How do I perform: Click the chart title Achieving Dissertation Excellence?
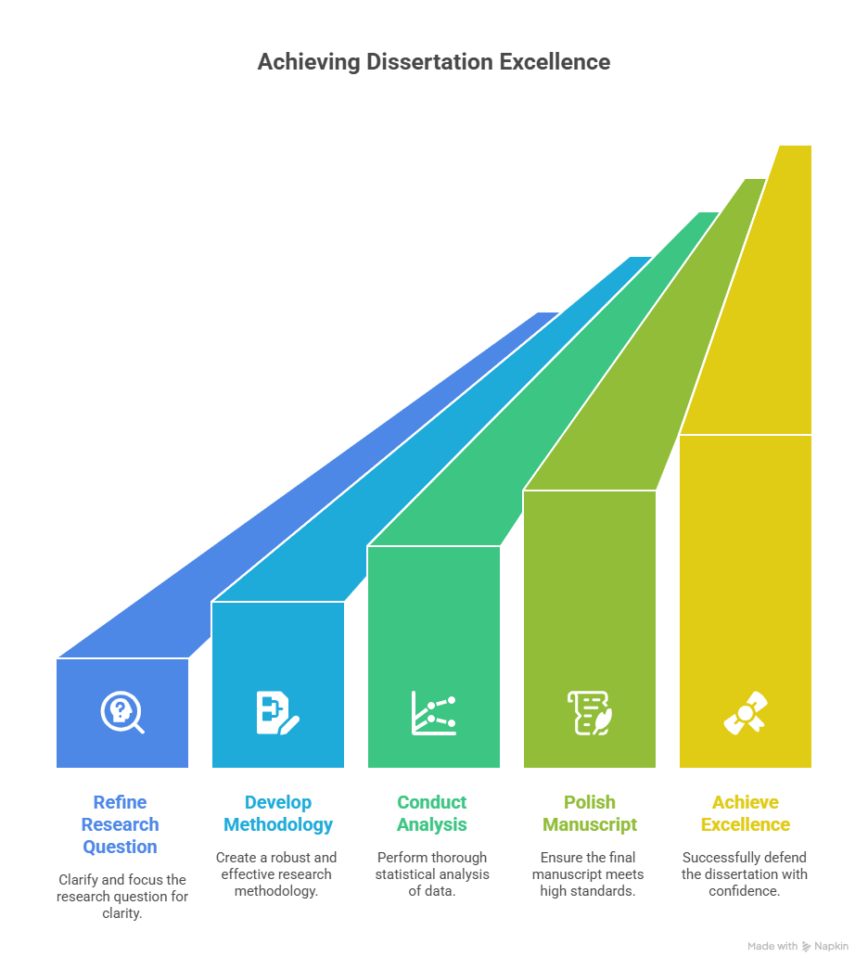433,62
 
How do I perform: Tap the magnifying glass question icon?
122,712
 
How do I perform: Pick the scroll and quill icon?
590,712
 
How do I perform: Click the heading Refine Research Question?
120,824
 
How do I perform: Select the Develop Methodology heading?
278,813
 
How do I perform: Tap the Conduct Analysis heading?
431,813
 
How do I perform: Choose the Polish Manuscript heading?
590,813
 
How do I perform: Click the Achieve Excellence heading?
746,813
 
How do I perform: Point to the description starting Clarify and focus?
122,896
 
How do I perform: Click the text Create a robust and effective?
276,873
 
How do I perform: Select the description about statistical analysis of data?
432,873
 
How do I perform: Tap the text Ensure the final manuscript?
588,873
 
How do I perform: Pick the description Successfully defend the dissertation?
745,873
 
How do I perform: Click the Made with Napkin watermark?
798,946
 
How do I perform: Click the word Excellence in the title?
555,62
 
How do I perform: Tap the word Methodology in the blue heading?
278,825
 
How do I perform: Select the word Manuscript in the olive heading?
590,825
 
